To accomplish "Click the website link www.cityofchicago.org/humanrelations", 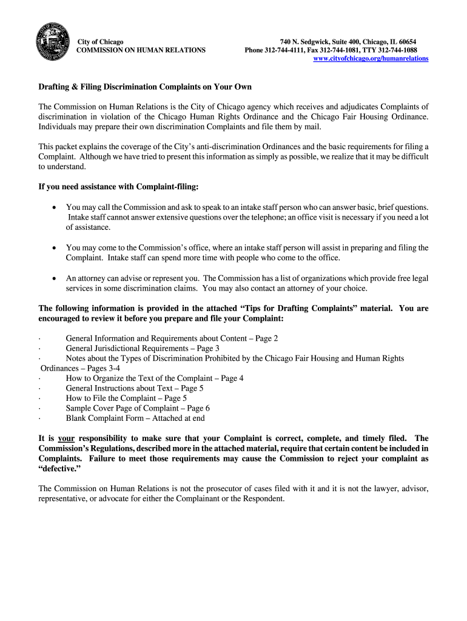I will (x=371, y=58).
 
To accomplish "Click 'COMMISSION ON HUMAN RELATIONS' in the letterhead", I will (x=141, y=50).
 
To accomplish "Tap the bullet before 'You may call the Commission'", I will (x=54, y=207).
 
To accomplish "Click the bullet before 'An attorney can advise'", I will (x=54, y=278).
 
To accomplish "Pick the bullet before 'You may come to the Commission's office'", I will (x=54, y=247).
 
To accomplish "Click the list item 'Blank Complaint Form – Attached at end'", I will (x=135, y=418).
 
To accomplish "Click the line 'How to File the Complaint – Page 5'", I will (x=126, y=398).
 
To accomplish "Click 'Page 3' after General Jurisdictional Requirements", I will (x=207, y=348).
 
